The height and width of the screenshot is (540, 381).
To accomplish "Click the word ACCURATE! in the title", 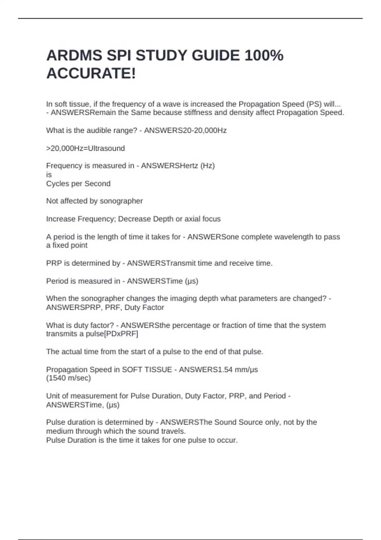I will click(91, 74).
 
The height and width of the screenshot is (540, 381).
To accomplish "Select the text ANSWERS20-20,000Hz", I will click(185, 131).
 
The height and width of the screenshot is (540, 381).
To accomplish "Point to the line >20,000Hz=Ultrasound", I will click(85, 148).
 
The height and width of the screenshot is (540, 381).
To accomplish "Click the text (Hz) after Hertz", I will click(207, 166).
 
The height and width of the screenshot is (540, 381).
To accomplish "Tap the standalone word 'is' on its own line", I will click(49, 175).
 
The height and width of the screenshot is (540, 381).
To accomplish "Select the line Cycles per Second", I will click(78, 184).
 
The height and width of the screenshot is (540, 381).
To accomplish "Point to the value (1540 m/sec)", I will click(68, 378).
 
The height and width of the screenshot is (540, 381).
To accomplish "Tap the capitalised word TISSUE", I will click(158, 370).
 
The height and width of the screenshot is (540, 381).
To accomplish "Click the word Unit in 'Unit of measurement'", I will click(53, 396).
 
